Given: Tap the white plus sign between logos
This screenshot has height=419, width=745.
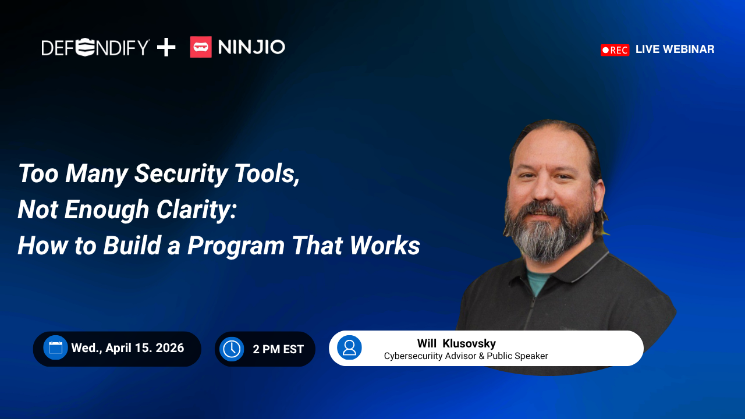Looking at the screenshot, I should (166, 47).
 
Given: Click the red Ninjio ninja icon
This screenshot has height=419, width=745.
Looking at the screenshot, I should (201, 47).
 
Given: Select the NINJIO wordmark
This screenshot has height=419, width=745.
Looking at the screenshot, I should (251, 47).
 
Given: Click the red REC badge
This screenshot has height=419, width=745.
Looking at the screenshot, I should (615, 50).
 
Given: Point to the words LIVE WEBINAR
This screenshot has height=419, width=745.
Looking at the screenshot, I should (675, 49).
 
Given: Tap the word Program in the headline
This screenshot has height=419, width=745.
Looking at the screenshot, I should (236, 246).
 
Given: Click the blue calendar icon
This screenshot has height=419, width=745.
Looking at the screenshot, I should (55, 348).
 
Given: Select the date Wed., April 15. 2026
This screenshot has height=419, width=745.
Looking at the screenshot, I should (127, 348).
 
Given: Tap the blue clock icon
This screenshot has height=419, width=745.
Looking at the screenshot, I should (232, 349).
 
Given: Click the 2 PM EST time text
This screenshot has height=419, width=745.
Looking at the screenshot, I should (278, 349).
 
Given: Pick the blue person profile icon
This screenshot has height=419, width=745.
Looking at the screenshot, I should (349, 347).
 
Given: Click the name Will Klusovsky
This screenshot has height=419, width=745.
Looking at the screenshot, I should (456, 343).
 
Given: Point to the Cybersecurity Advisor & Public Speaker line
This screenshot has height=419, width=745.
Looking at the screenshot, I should (466, 356).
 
